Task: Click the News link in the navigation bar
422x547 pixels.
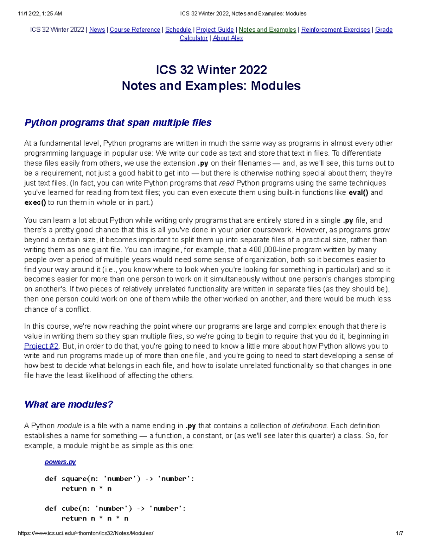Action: point(97,30)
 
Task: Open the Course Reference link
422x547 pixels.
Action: point(135,30)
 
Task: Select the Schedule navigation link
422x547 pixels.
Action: point(178,30)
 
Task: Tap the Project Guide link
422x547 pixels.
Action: point(215,30)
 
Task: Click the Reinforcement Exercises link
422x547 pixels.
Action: point(335,30)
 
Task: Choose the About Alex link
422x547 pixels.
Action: point(228,38)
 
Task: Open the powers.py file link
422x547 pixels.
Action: point(60,462)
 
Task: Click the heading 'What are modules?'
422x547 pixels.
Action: point(69,404)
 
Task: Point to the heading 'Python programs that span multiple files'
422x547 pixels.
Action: point(118,123)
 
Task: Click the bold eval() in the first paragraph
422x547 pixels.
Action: point(358,193)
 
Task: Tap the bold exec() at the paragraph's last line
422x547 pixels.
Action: point(35,203)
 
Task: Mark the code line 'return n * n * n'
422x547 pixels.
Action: point(95,518)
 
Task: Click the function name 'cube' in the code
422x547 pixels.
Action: point(69,509)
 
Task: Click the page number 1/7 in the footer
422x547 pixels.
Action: point(399,533)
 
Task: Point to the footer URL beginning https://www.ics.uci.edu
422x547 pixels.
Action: point(85,533)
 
